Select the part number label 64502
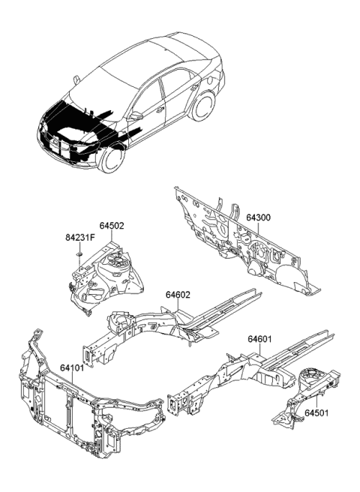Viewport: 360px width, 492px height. pyautogui.click(x=112, y=225)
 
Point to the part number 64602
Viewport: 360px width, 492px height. pyautogui.click(x=180, y=295)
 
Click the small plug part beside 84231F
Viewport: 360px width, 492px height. pyautogui.click(x=77, y=257)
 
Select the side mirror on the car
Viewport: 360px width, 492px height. pyautogui.click(x=136, y=116)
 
